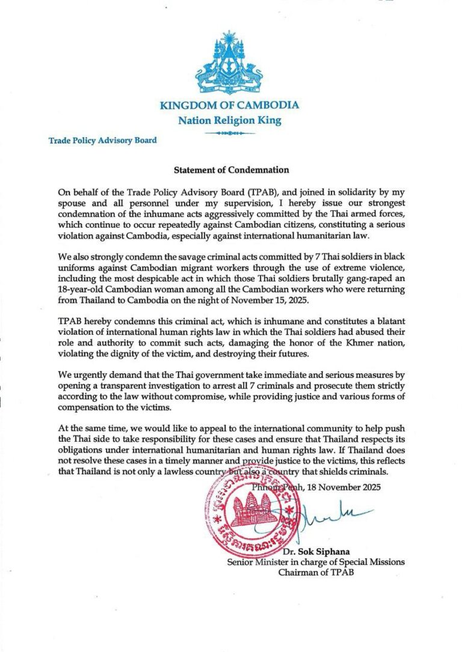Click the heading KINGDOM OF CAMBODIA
[229, 106]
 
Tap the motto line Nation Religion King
[229, 120]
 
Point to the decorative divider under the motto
[229, 132]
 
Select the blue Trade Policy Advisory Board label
[103, 141]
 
